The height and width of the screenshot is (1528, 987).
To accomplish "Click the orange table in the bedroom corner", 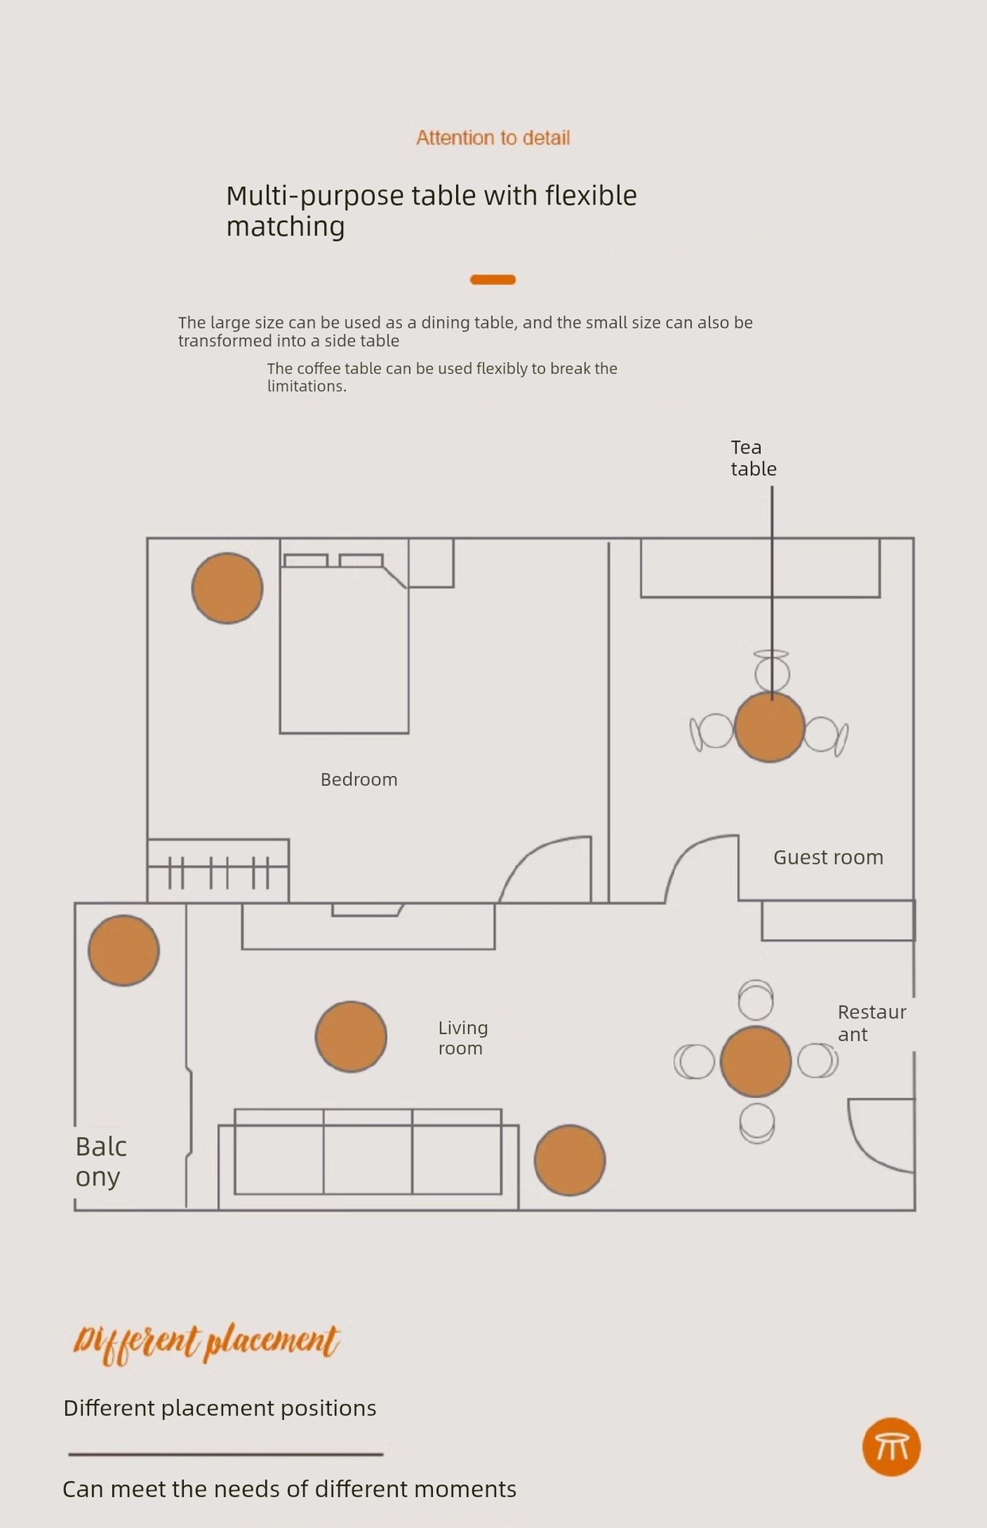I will coord(228,588).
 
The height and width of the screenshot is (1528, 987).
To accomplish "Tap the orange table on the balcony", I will coord(123,950).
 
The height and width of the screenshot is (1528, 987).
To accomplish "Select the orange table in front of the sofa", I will coord(351,1036).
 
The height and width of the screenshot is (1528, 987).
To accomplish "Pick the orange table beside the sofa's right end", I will coord(570,1160).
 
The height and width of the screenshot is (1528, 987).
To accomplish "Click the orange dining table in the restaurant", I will coord(755,1062).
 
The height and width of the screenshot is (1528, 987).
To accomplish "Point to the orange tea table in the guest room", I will coord(769,727).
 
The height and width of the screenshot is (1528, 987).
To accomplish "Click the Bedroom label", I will coord(359,780).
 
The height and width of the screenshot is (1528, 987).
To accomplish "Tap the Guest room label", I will coord(828,857).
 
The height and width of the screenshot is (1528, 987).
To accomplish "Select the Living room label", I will coord(462,1038).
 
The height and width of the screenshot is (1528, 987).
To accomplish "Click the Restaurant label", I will coord(871,1023).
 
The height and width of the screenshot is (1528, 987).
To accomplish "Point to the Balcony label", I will coord(100,1161).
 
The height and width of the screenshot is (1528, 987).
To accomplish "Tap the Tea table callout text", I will coord(753,458).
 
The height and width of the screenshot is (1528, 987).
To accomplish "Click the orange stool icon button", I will coord(891,1446).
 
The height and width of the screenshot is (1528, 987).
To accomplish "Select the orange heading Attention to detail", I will coord(493,138).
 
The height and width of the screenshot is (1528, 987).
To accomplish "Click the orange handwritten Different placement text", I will coord(206,1343).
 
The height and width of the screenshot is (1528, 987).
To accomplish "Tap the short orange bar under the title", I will coord(493,279).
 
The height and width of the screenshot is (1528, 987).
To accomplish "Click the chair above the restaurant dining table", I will coord(755,1000).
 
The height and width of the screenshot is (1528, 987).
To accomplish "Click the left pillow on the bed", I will coord(306,560).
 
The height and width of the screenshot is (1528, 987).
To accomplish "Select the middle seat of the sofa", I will coord(368,1152).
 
